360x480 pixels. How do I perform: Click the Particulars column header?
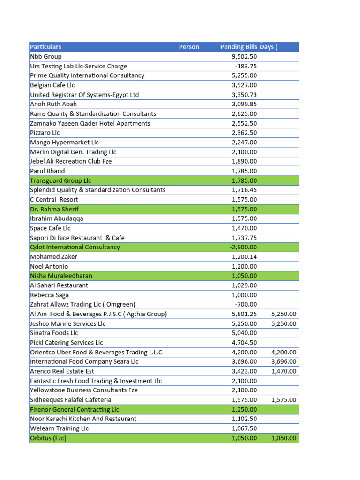pyautogui.click(x=45, y=47)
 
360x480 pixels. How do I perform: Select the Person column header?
pyautogui.click(x=189, y=47)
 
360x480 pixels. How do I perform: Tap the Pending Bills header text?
pyautogui.click(x=239, y=47)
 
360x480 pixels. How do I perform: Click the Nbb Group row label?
pyautogui.click(x=46, y=57)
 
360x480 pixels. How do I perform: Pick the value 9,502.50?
pyautogui.click(x=244, y=57)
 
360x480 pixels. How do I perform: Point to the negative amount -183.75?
pyautogui.click(x=246, y=66)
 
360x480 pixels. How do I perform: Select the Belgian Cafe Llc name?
pyautogui.click(x=52, y=85)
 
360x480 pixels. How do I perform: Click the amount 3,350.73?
pyautogui.click(x=244, y=95)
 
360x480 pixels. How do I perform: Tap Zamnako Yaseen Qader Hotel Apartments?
pyautogui.click(x=90, y=123)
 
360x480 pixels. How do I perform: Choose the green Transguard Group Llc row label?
pyautogui.click(x=60, y=180)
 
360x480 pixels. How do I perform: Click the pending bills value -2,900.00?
pyautogui.click(x=243, y=247)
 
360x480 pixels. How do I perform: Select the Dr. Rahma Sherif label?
pyautogui.click(x=54, y=209)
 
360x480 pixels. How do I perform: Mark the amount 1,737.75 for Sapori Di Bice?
pyautogui.click(x=244, y=238)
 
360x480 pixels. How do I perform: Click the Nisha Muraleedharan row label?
pyautogui.click(x=61, y=276)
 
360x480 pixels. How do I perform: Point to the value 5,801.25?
pyautogui.click(x=244, y=314)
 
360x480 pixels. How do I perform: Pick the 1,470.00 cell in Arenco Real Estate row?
pyautogui.click(x=284, y=371)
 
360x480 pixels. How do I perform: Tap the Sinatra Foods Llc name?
pyautogui.click(x=54, y=333)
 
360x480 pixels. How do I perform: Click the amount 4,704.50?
pyautogui.click(x=244, y=343)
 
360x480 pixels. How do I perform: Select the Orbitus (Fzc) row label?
pyautogui.click(x=48, y=438)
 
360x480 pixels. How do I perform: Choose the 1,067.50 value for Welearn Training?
pyautogui.click(x=244, y=428)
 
